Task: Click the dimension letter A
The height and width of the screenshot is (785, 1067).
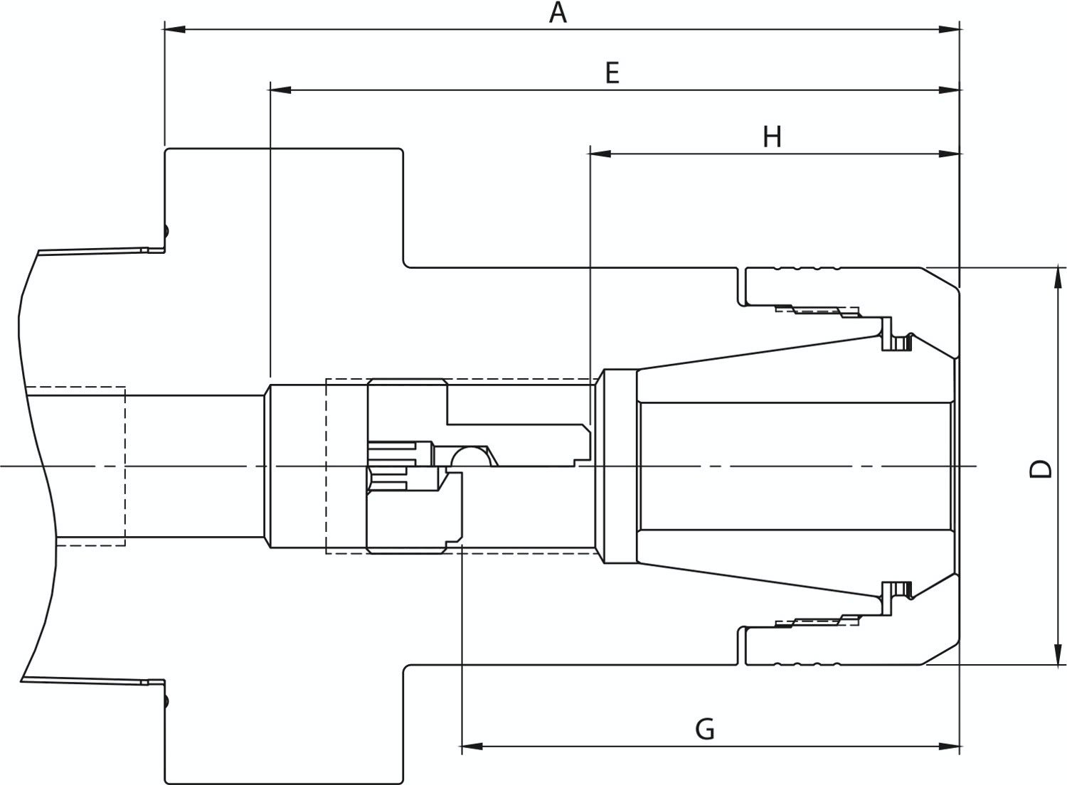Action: (x=558, y=13)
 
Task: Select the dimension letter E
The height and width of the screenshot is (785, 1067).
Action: (x=612, y=73)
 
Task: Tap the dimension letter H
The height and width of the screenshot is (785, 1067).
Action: (x=772, y=137)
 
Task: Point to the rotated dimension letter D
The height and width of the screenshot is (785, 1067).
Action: (x=1040, y=469)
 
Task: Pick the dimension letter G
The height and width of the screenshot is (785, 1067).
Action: (x=705, y=729)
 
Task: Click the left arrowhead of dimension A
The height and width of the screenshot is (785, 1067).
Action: (x=175, y=30)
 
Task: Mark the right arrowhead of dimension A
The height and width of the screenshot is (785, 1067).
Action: (x=949, y=30)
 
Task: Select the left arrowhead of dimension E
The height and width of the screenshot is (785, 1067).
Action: (x=280, y=90)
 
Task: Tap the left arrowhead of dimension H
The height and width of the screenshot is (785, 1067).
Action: (x=600, y=154)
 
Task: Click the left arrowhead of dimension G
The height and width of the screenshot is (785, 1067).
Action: (x=472, y=747)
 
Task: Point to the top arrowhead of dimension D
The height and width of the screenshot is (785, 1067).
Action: (x=1058, y=279)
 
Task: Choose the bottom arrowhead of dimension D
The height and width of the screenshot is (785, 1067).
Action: (x=1058, y=653)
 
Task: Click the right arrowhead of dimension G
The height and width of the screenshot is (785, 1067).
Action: (x=949, y=747)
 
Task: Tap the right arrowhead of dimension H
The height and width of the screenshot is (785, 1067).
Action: (x=949, y=154)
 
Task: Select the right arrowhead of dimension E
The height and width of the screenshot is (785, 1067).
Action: (x=949, y=90)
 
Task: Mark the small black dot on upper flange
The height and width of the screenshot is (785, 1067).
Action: (x=166, y=230)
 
